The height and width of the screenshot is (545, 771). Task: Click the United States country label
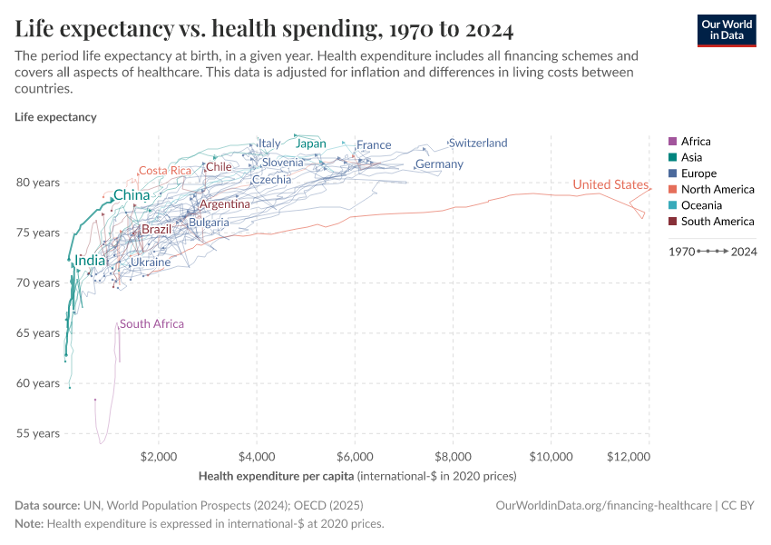click(x=610, y=185)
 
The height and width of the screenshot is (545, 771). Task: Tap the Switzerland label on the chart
click(x=478, y=144)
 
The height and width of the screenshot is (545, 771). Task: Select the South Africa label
click(x=151, y=324)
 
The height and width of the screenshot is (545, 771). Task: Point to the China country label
click(x=132, y=195)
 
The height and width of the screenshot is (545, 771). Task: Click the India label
click(x=90, y=261)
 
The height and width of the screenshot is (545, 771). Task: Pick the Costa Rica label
click(x=165, y=171)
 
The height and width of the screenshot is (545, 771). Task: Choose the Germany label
click(x=439, y=164)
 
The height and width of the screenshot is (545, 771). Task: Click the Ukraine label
click(x=151, y=263)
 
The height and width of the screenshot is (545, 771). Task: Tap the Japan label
click(x=311, y=144)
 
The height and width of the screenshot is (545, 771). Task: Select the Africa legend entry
click(x=696, y=142)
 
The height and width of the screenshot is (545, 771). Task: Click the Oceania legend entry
click(x=701, y=205)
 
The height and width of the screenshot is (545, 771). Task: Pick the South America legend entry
click(x=717, y=222)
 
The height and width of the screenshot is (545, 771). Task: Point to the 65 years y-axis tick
click(x=38, y=333)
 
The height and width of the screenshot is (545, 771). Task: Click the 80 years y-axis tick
click(x=38, y=183)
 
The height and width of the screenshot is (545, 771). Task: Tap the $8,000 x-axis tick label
click(x=453, y=455)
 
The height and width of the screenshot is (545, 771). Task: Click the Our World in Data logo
click(x=727, y=30)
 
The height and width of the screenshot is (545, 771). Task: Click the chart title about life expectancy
click(x=264, y=30)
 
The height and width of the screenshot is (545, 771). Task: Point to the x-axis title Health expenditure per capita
click(x=276, y=476)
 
